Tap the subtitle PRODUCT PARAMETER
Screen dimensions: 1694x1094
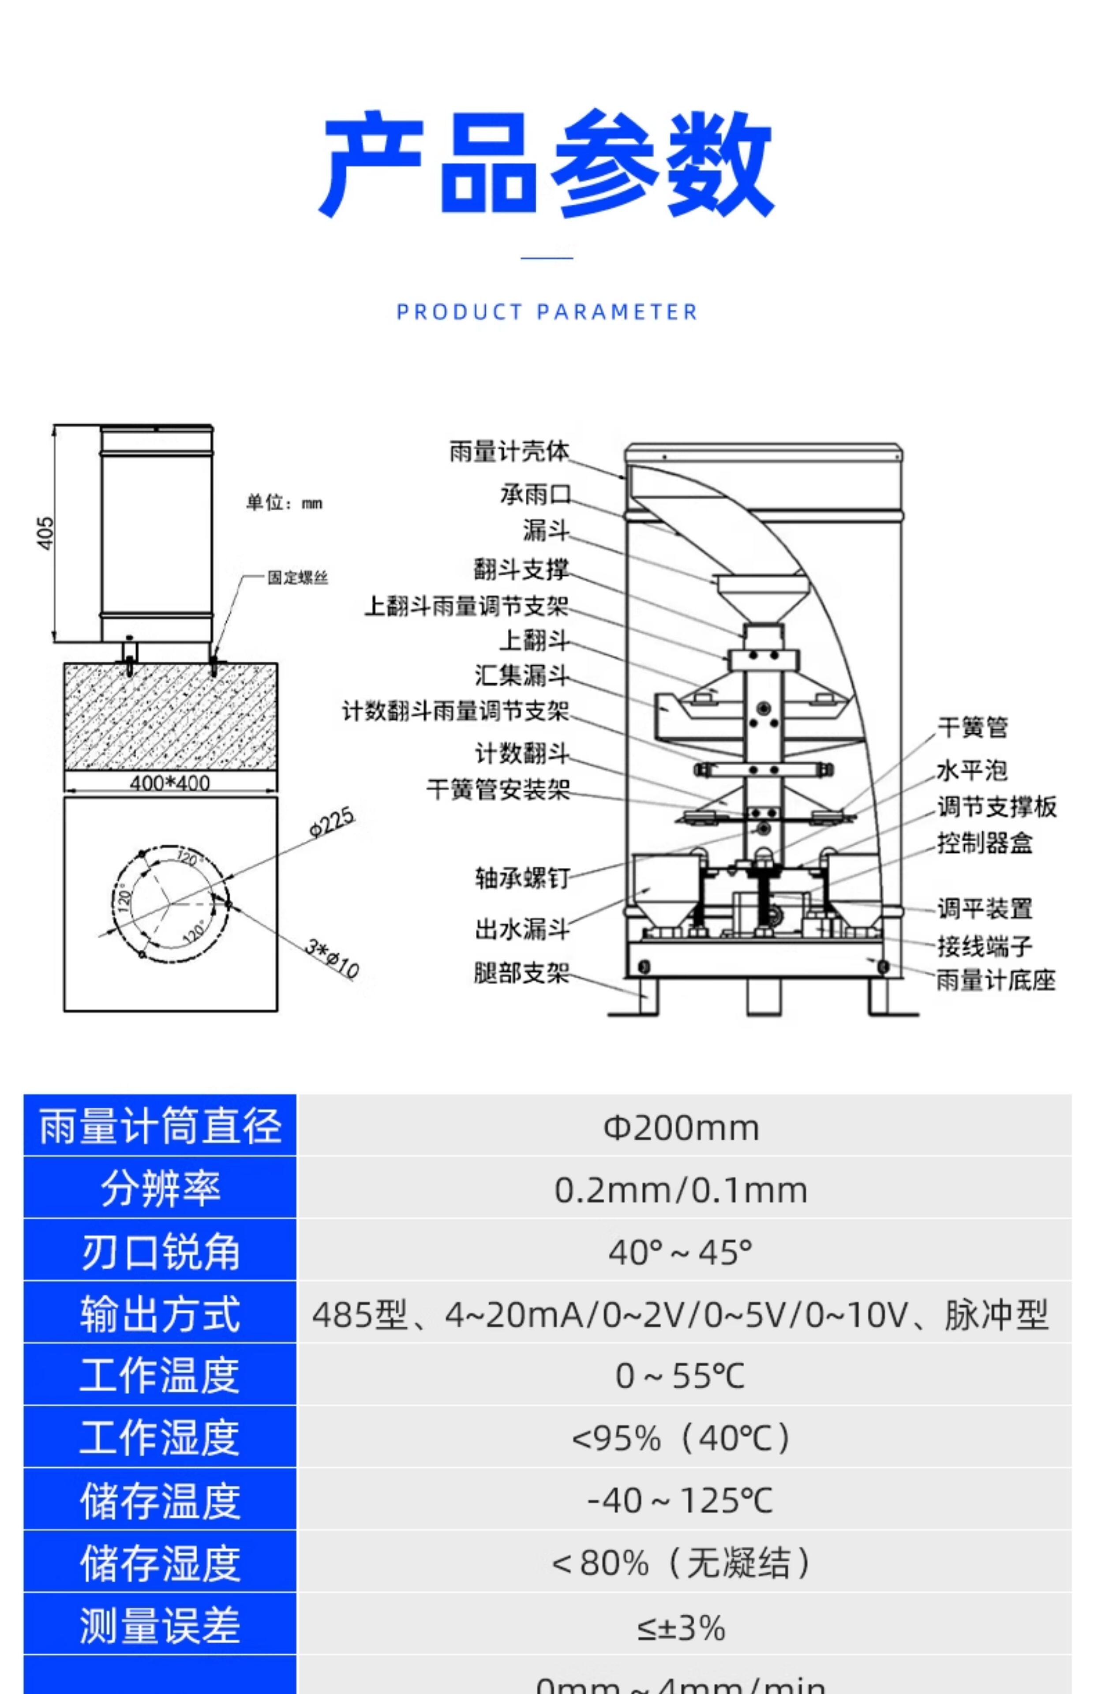click(x=546, y=312)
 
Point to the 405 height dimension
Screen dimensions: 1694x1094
click(x=45, y=533)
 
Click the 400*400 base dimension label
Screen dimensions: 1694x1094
click(x=170, y=783)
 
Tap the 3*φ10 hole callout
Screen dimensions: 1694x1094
click(x=332, y=957)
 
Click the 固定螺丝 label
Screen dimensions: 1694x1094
click(x=298, y=577)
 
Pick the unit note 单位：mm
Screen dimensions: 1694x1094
click(x=284, y=503)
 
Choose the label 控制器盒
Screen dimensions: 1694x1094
click(x=985, y=843)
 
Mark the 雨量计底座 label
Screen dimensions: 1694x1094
click(x=995, y=980)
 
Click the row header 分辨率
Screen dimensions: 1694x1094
click(x=160, y=1189)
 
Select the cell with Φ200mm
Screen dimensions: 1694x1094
click(x=681, y=1127)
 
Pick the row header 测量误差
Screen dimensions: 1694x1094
click(x=160, y=1627)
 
